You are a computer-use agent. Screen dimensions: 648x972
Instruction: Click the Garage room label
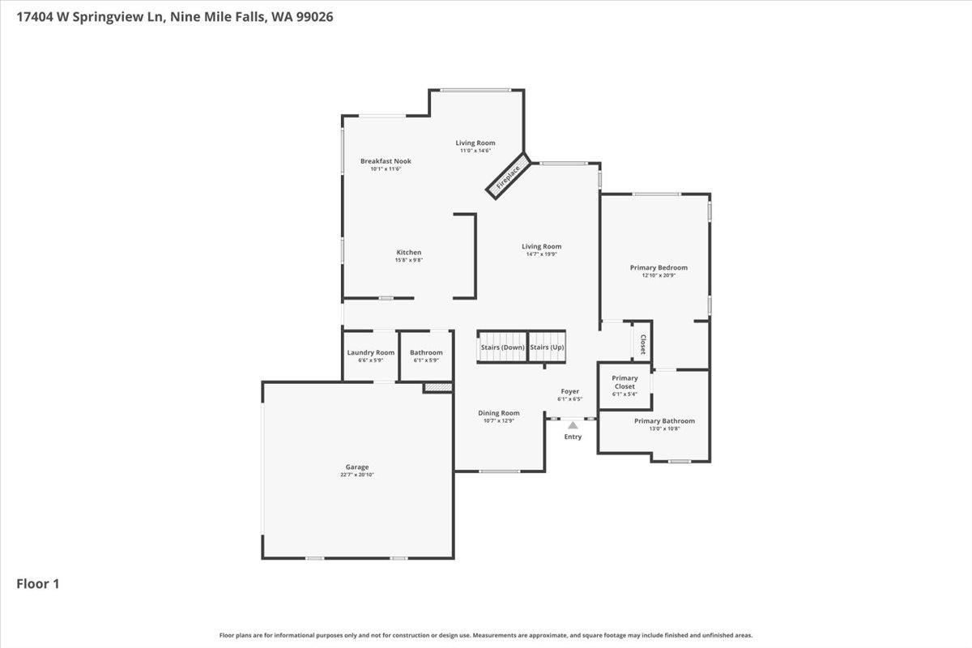(x=357, y=467)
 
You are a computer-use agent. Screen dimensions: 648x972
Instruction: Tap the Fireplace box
(x=508, y=177)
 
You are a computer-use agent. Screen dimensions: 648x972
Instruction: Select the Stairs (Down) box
(x=502, y=347)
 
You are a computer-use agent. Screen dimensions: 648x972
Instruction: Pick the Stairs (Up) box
(x=547, y=347)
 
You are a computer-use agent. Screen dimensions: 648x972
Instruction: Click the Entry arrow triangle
(x=573, y=424)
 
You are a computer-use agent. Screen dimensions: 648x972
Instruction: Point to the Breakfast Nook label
(x=386, y=161)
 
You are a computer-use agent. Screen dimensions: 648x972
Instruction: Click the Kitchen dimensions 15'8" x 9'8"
(x=408, y=260)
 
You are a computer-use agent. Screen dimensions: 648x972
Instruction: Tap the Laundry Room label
(x=371, y=352)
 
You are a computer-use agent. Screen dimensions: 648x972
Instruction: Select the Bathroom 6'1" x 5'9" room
(x=426, y=356)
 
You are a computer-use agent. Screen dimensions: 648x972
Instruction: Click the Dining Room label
(x=499, y=413)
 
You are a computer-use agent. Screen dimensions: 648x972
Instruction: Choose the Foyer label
(x=570, y=391)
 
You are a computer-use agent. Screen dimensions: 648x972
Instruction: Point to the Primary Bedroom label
(x=659, y=267)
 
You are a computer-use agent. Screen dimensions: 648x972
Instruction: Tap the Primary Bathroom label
(x=664, y=420)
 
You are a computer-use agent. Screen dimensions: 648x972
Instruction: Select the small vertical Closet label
(x=643, y=344)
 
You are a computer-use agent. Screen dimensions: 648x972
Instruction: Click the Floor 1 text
(x=38, y=583)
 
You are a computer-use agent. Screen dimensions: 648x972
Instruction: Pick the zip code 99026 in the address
(x=313, y=15)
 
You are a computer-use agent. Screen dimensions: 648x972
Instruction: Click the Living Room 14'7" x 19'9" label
(x=541, y=246)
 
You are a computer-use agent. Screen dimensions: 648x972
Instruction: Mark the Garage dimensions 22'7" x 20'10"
(x=357, y=475)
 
